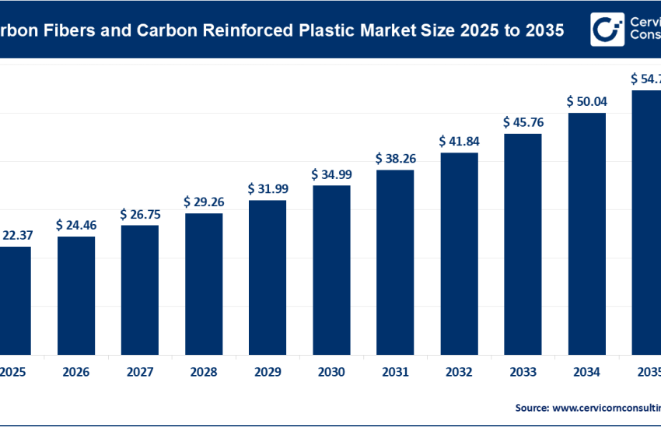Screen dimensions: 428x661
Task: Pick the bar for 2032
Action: pos(459,252)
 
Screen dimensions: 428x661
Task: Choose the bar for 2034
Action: pos(587,233)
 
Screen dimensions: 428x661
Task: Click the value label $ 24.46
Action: pos(76,225)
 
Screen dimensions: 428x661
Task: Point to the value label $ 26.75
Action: pos(140,214)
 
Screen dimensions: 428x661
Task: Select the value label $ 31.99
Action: pos(268,189)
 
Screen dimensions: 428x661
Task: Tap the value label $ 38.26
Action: pos(395,159)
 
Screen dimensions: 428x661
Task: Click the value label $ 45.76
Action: pos(523,122)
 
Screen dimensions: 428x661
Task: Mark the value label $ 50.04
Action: pos(587,101)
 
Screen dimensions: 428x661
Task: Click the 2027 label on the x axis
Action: pos(140,373)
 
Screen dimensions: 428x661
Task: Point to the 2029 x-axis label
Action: pos(268,373)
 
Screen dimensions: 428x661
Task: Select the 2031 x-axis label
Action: pos(395,373)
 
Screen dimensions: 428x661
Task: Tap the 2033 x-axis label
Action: pos(523,373)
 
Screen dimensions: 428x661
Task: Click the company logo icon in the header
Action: pos(607,29)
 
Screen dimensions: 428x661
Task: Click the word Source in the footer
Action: pos(532,407)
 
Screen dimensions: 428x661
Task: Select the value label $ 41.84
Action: pos(459,142)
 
